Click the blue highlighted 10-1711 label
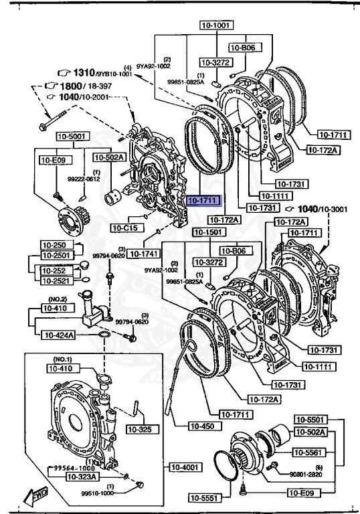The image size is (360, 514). (x=202, y=199)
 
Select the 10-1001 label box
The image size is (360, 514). (x=215, y=25)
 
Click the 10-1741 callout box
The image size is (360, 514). (x=141, y=254)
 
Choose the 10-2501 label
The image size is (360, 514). (x=56, y=255)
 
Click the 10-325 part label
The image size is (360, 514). (x=139, y=428)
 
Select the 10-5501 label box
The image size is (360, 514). (x=309, y=420)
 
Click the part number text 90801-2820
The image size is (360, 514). (x=309, y=475)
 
